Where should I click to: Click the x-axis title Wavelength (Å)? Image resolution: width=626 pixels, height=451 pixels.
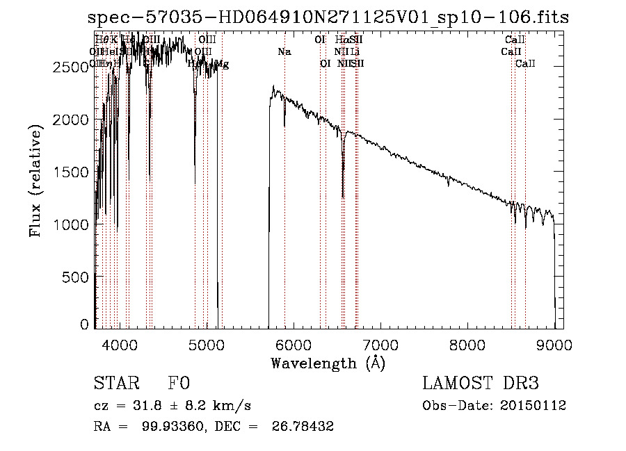click(x=328, y=363)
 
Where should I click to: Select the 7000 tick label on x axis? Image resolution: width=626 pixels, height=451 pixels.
click(x=380, y=344)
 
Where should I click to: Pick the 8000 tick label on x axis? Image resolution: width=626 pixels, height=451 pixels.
click(x=467, y=344)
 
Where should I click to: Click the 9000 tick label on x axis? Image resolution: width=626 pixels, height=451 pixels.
click(x=554, y=344)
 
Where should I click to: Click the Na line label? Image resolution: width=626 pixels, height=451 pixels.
click(x=284, y=52)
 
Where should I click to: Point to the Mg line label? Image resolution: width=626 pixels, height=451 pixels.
click(x=222, y=65)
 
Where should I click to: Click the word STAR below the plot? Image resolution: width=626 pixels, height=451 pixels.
click(x=116, y=384)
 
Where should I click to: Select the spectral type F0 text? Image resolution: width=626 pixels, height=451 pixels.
click(x=179, y=384)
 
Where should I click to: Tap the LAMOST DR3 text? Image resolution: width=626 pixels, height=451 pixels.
click(x=481, y=384)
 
